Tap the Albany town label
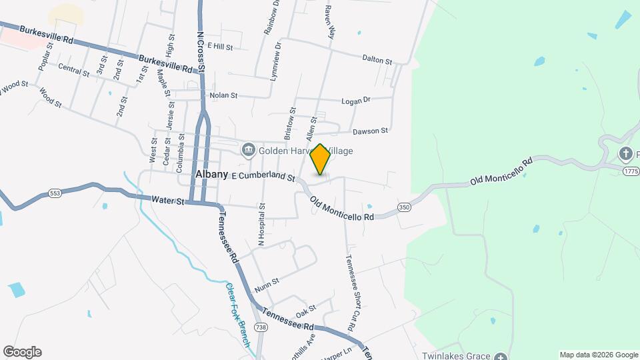click(212, 174)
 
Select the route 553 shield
click(55, 193)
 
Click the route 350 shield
click(404, 207)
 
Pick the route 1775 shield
click(631, 171)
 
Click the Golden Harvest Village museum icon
click(249, 149)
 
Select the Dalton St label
click(377, 60)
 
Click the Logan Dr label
click(355, 101)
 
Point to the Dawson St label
click(370, 131)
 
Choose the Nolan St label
click(223, 95)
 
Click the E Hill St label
click(220, 47)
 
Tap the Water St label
click(167, 199)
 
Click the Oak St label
click(305, 311)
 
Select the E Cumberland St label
click(263, 177)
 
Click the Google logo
click(22, 352)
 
